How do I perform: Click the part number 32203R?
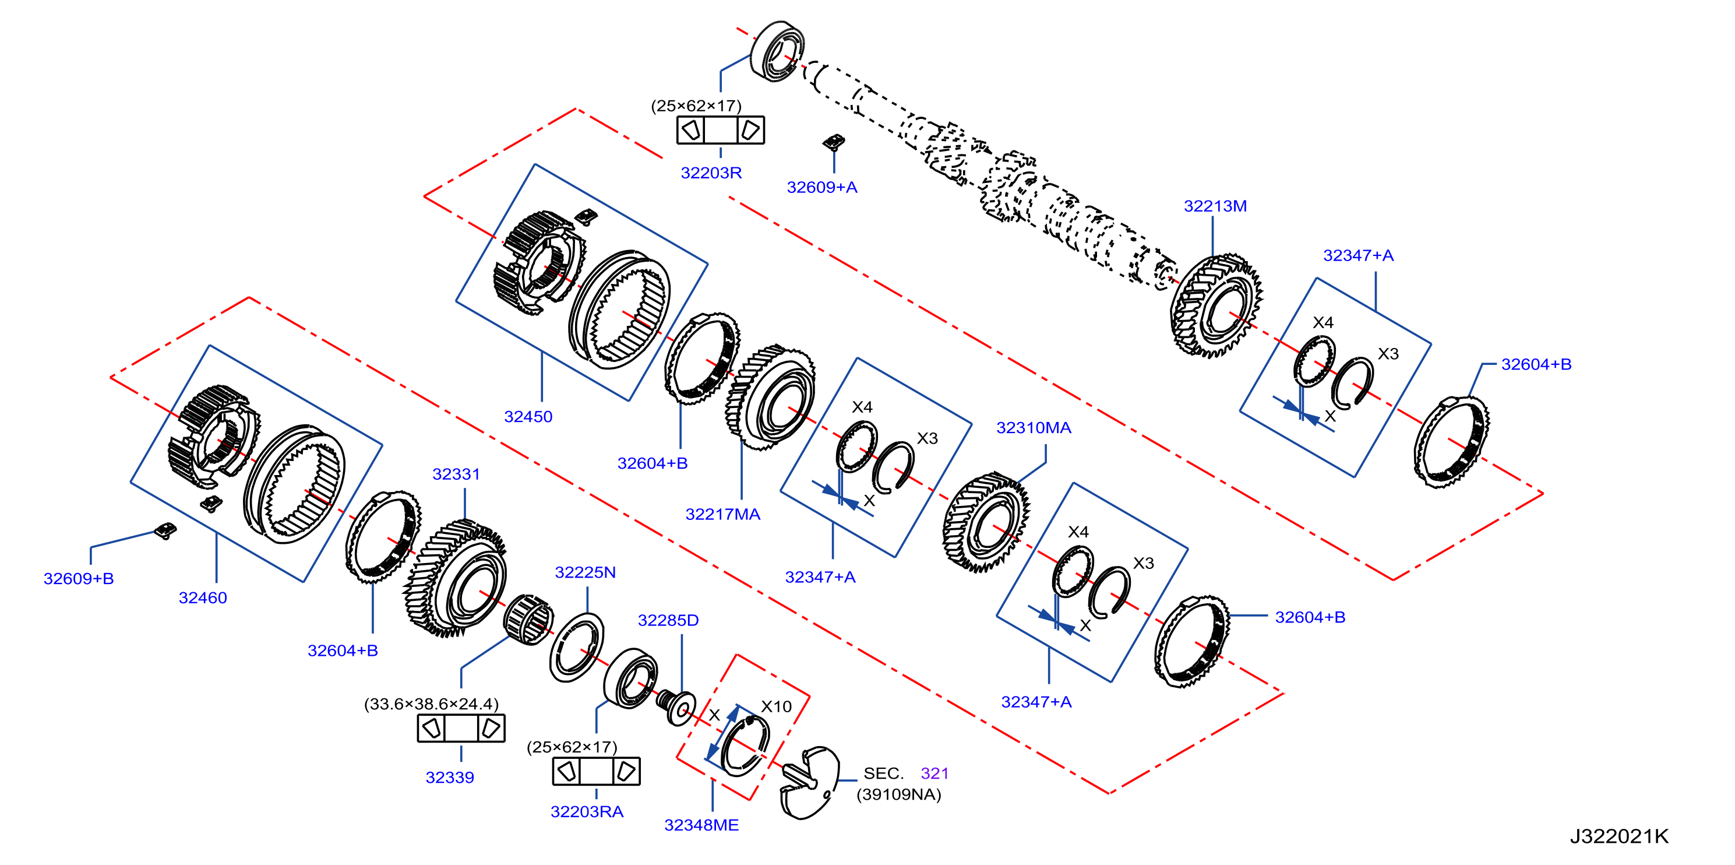(711, 173)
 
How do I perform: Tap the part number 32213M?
(1215, 206)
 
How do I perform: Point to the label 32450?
(528, 417)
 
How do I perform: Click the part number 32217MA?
(722, 515)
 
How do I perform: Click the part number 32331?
(456, 474)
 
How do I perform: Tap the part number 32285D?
(668, 620)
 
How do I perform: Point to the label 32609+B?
(78, 579)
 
